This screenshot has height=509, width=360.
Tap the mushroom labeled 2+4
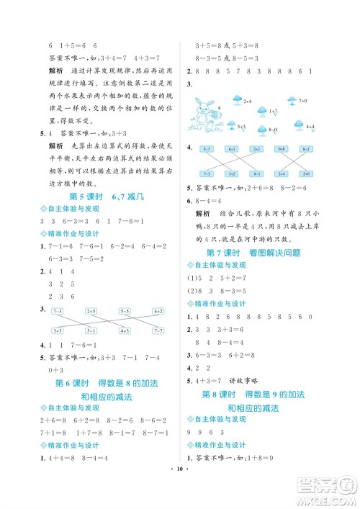[x=237, y=100]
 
